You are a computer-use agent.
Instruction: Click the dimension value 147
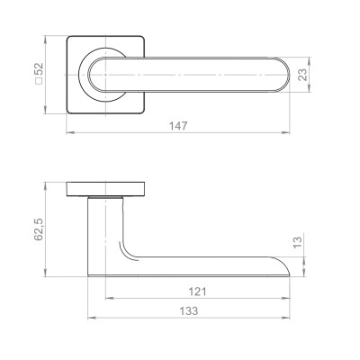[x=178, y=126]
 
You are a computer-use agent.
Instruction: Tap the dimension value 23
[x=303, y=75]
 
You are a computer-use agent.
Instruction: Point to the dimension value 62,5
[x=39, y=229]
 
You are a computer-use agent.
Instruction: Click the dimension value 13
[x=297, y=242]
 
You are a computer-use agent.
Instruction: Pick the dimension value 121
[x=197, y=292]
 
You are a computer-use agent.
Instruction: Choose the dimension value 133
[x=189, y=310]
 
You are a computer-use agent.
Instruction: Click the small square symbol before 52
[x=39, y=81]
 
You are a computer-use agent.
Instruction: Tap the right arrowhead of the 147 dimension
[x=286, y=132]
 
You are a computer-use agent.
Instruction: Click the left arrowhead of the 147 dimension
[x=70, y=132]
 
